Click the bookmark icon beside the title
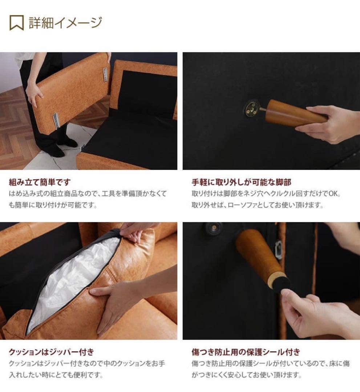click(16, 23)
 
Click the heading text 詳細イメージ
click(65, 23)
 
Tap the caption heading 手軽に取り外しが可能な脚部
click(241, 182)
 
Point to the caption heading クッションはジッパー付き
click(51, 352)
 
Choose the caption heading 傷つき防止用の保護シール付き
click(246, 352)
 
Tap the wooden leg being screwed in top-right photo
click(291, 113)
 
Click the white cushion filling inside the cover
click(73, 279)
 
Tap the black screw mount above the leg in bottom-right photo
click(214, 228)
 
